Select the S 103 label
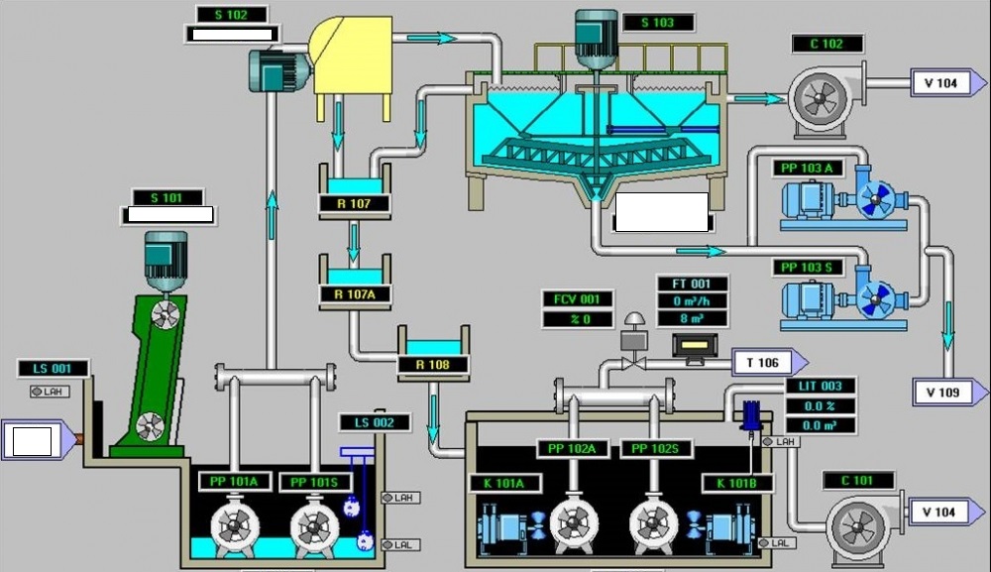tap(657, 22)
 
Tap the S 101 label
tap(165, 197)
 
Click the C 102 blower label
tap(827, 44)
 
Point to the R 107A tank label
tap(353, 293)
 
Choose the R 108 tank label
tap(432, 364)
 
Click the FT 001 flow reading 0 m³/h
tap(693, 301)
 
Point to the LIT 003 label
tap(821, 386)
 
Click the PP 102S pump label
tap(655, 448)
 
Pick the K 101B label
tap(734, 483)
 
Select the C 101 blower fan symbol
tap(855, 521)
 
